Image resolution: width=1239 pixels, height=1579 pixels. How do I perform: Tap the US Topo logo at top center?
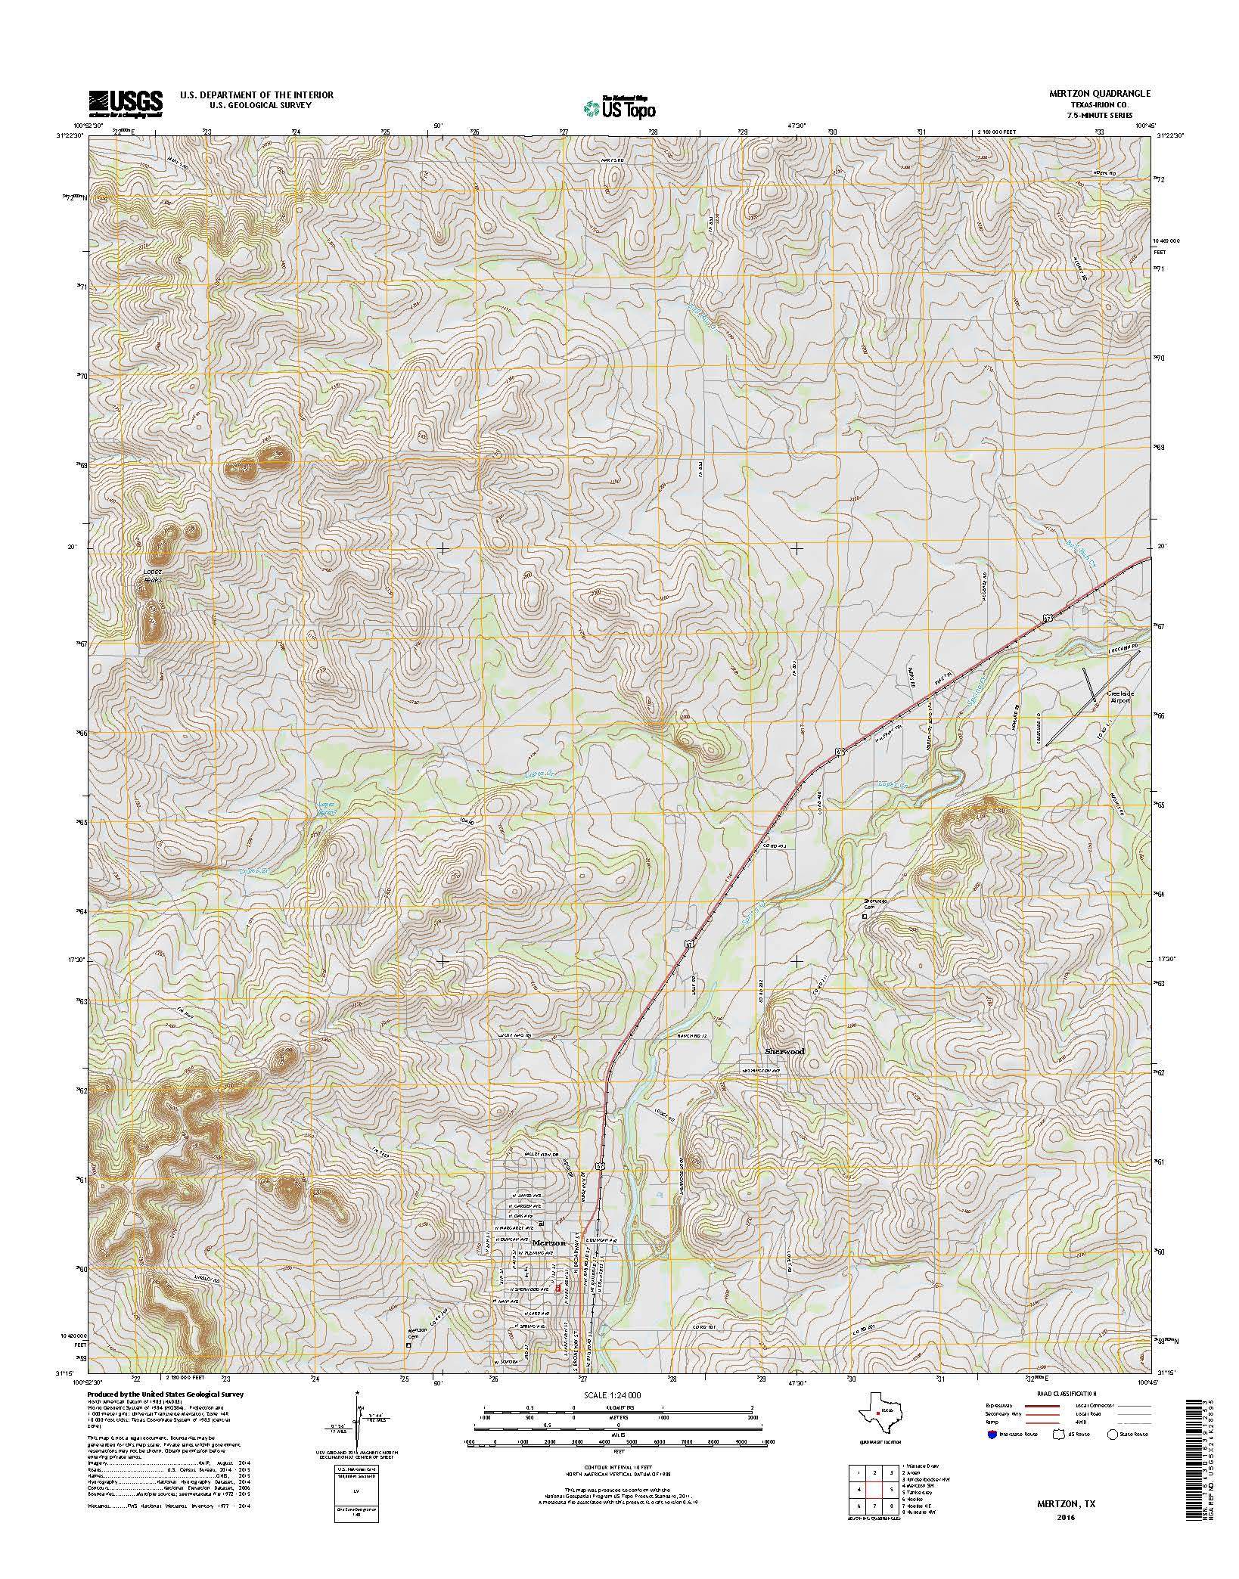(619, 107)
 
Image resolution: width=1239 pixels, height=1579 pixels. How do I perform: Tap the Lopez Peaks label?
(152, 574)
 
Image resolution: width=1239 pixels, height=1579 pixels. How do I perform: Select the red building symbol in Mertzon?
(559, 1287)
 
